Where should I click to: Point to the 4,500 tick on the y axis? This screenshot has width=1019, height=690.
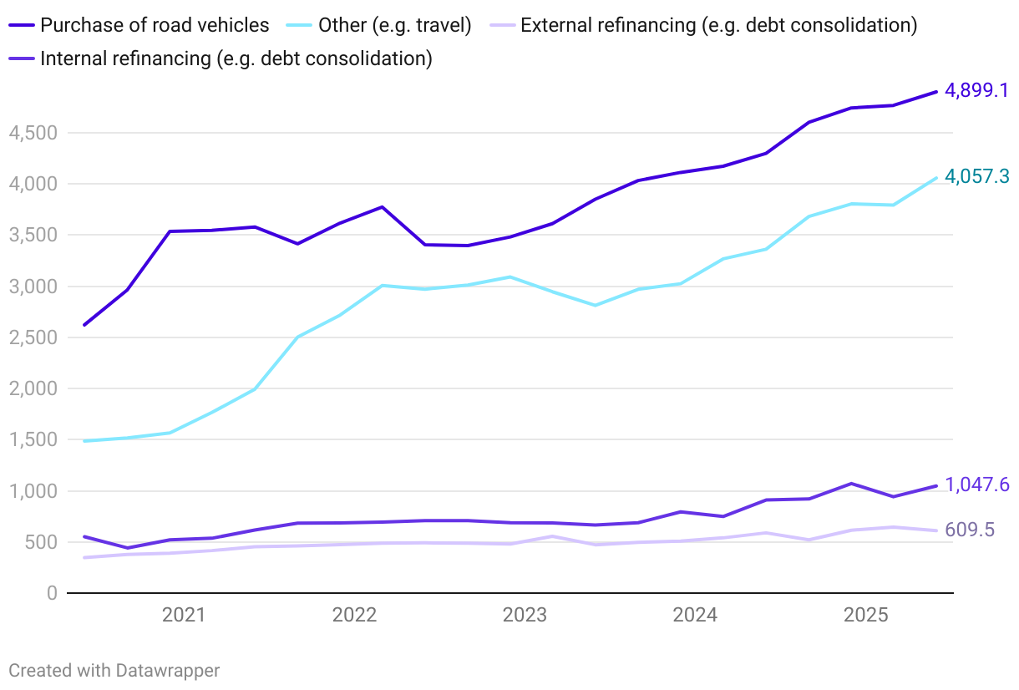32,133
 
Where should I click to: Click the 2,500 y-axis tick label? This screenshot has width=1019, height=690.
32,337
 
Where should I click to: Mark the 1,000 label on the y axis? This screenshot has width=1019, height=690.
32,491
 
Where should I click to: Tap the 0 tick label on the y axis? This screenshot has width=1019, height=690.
52,593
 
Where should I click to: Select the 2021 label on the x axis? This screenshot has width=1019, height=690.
184,616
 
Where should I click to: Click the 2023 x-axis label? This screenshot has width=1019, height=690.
525,616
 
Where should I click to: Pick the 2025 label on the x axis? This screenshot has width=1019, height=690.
865,616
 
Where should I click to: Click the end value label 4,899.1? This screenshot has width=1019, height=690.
976,90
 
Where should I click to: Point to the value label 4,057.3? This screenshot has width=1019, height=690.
976,176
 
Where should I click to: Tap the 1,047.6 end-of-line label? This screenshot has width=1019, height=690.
976,485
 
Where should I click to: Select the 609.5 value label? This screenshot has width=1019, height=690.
970,530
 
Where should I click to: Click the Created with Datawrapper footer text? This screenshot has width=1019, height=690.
114,670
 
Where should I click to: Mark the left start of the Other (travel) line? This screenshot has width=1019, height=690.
84,441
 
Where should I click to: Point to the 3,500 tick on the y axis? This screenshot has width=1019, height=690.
32,235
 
